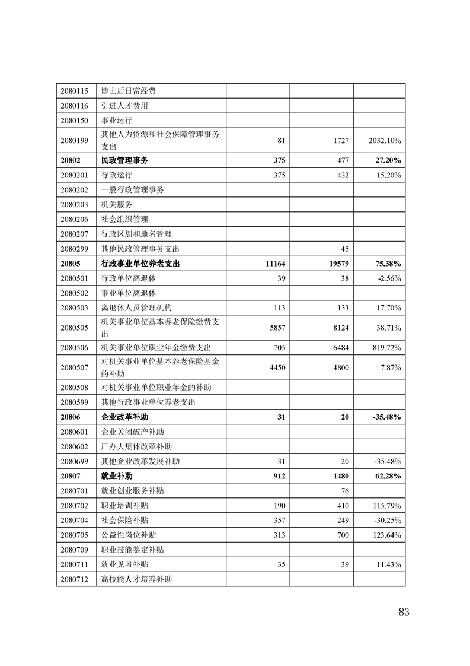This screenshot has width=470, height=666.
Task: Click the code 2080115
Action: (x=74, y=91)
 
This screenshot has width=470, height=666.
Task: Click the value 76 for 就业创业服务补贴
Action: (x=344, y=491)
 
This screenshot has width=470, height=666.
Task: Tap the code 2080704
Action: (x=74, y=521)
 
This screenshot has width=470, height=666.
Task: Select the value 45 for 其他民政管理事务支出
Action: (x=344, y=249)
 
